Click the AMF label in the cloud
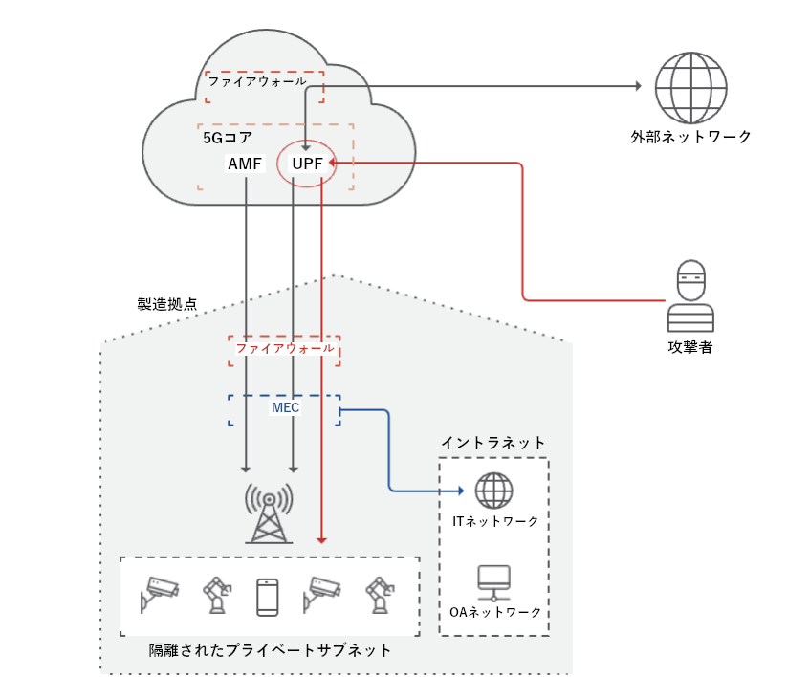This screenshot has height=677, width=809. point(245,164)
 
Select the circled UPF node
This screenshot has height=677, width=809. point(306,164)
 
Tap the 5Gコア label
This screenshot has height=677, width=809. point(228,138)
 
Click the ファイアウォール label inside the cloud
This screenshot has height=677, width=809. point(257,82)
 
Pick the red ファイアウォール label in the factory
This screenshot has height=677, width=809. point(285,349)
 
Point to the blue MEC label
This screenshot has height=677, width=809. point(285,408)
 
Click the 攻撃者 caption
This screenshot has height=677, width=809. point(689,347)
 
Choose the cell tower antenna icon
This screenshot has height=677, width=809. point(269,513)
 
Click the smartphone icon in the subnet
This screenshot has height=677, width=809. point(269,597)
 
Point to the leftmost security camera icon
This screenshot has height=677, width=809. point(158,596)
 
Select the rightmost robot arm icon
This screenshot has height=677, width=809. point(380,596)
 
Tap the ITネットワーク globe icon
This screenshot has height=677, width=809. point(494,491)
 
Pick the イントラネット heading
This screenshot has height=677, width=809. point(493,443)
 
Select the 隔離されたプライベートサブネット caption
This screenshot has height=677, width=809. point(270,650)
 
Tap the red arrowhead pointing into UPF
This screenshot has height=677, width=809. point(331,164)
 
